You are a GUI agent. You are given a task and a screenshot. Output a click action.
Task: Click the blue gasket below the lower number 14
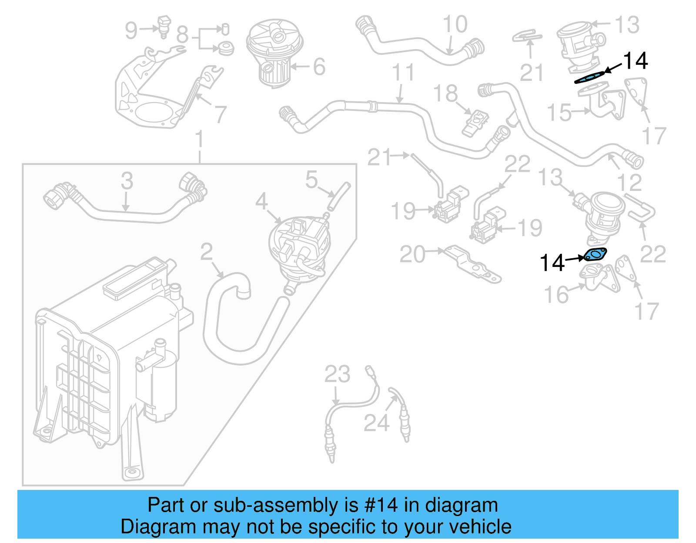(595, 255)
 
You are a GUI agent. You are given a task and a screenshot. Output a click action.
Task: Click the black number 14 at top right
(636, 61)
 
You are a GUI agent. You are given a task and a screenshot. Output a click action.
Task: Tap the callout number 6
(319, 67)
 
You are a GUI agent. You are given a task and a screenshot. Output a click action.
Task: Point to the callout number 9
(131, 30)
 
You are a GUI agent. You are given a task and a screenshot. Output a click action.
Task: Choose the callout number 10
(455, 24)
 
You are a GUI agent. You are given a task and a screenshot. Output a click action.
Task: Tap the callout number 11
(403, 73)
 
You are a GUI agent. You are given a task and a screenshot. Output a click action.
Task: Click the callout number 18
(445, 93)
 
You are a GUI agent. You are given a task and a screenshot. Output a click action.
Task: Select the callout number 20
(412, 254)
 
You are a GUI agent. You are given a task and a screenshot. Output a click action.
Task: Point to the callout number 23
(337, 374)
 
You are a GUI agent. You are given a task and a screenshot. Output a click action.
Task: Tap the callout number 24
(376, 423)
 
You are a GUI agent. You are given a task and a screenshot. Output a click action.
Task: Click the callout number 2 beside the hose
(207, 252)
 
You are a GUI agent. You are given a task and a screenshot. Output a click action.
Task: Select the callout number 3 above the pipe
(127, 181)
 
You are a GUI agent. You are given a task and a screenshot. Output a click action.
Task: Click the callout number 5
(311, 180)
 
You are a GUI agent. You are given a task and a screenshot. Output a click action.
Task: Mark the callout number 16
(556, 295)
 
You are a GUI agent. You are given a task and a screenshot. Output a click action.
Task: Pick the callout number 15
(559, 113)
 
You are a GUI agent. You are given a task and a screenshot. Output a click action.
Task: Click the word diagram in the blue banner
(461, 506)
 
